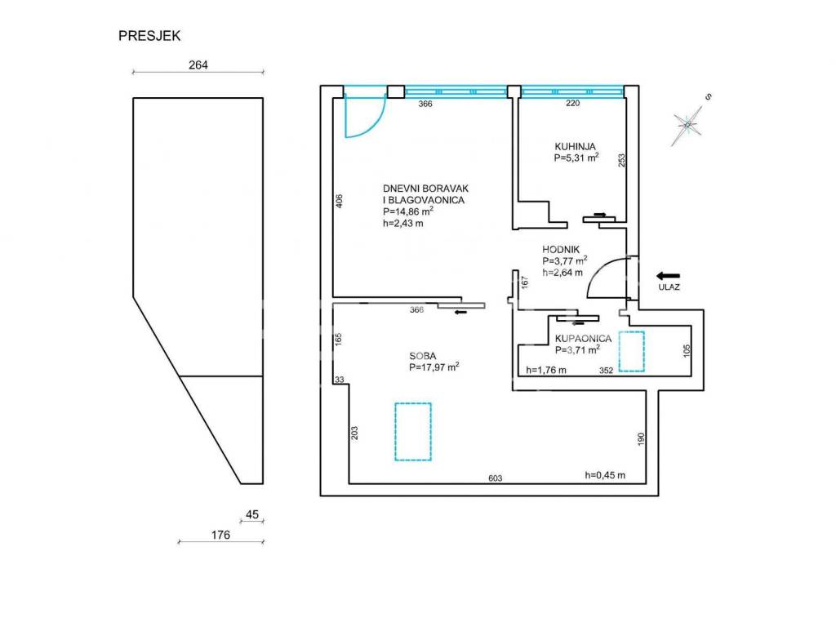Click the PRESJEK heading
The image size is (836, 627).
tap(149, 35)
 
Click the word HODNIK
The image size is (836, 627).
tap(561, 250)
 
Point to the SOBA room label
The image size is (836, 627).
tap(423, 356)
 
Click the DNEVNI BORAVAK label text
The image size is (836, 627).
tap(425, 188)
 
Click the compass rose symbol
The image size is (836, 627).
tap(688, 124)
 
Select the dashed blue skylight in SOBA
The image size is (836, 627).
tap(413, 431)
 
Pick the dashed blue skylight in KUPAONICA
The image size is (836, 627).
tap(631, 351)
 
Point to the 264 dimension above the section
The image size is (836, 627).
tap(198, 65)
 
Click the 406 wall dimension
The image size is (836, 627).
tap(340, 201)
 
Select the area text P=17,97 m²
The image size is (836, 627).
tap(434, 367)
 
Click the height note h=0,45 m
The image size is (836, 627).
tap(605, 475)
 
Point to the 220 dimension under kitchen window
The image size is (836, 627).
tap(573, 104)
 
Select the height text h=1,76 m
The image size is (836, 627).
tap(547, 370)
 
